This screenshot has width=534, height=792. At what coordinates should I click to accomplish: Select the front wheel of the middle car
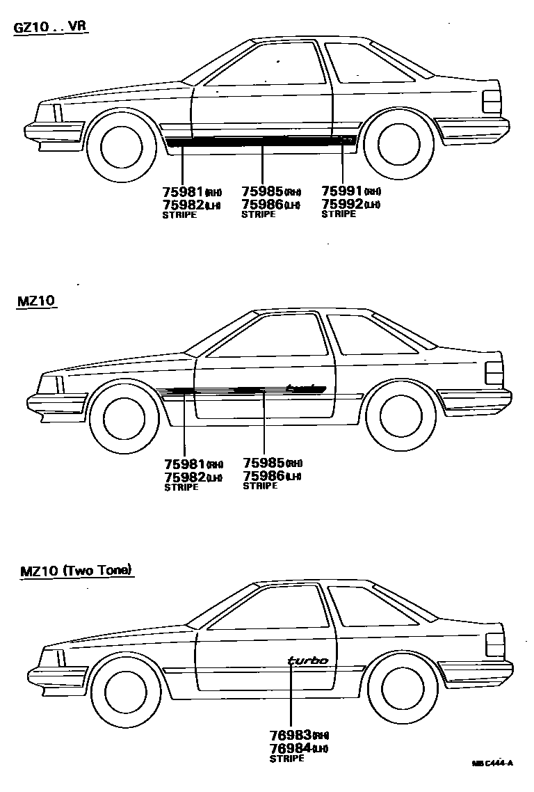(x=125, y=418)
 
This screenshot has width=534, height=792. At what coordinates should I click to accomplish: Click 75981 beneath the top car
(x=183, y=191)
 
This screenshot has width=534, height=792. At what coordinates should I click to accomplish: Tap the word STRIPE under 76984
(x=286, y=758)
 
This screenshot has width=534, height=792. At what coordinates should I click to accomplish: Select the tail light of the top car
(x=492, y=102)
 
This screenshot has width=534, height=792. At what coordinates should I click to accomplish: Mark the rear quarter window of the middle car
(x=372, y=332)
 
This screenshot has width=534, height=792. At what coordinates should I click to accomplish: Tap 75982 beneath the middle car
(x=184, y=476)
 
